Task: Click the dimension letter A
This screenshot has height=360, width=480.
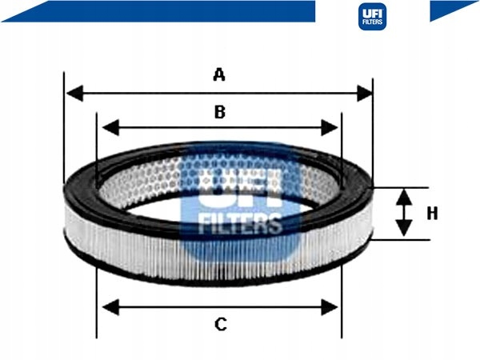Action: [x=219, y=75]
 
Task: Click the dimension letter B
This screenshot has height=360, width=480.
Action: [x=220, y=112]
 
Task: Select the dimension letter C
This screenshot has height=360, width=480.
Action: [x=221, y=325]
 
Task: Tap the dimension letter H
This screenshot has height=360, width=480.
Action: [x=432, y=214]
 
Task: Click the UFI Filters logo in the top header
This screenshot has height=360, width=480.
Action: [x=372, y=17]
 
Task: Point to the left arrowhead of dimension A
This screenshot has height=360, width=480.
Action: [x=74, y=93]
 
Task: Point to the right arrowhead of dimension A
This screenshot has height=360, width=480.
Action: [x=365, y=93]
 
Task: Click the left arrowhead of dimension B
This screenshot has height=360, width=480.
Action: [x=110, y=127]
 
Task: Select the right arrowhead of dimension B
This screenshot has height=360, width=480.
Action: [x=330, y=127]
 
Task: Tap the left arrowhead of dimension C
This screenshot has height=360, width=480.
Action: [x=110, y=307]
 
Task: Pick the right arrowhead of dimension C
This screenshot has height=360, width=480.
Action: [x=330, y=307]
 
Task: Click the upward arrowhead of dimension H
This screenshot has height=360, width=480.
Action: [x=404, y=198]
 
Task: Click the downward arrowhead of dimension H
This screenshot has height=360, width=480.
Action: [x=404, y=228]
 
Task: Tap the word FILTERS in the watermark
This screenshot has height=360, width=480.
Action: [x=240, y=223]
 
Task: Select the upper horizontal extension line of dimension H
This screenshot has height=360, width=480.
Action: [x=401, y=187]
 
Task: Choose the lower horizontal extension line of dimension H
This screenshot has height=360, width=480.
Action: [x=401, y=240]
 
